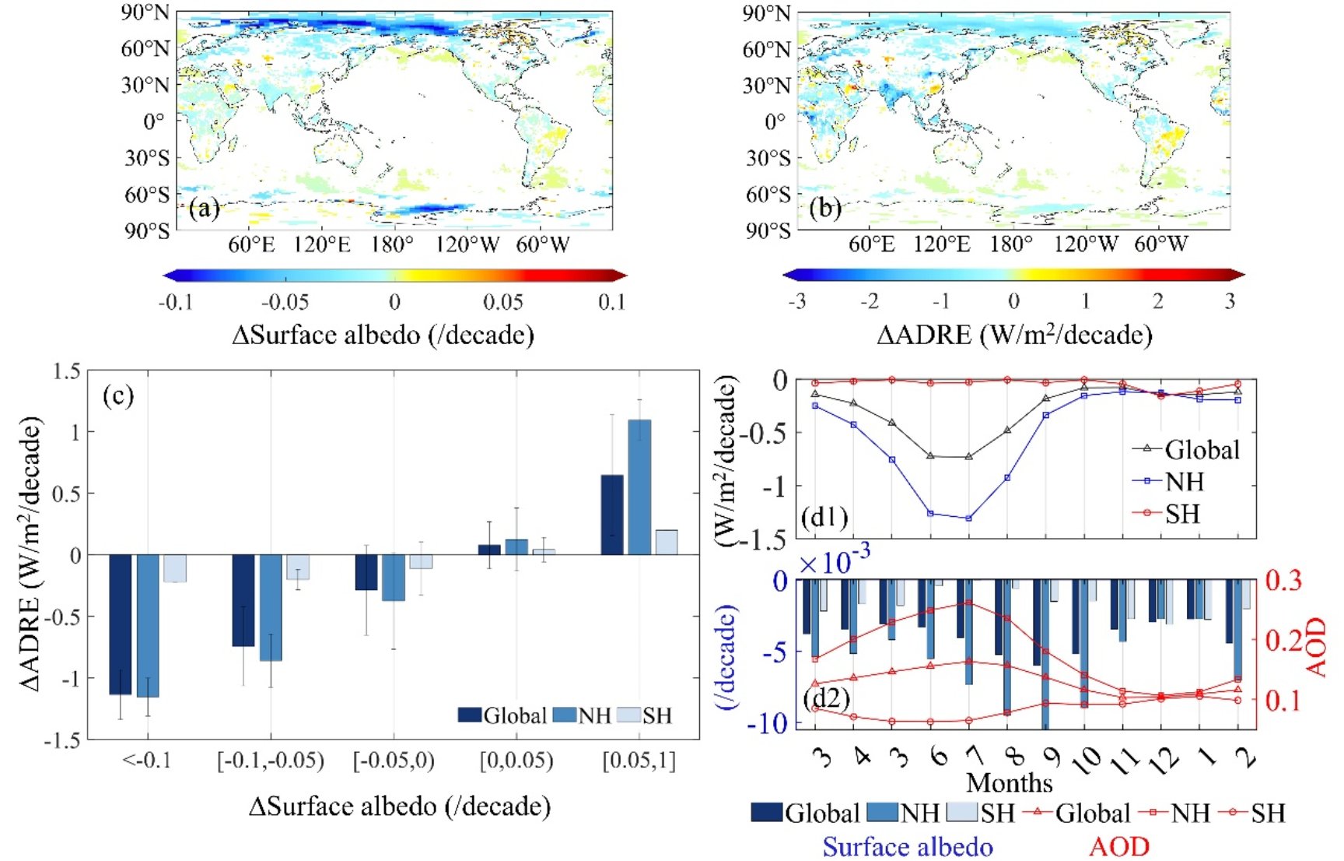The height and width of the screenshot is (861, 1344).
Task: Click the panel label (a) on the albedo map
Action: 204,209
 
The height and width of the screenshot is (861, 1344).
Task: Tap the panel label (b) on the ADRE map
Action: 825,209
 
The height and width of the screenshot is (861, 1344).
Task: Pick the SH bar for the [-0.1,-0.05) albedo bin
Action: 298,567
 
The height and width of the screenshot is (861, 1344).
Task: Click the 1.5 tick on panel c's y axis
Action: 67,371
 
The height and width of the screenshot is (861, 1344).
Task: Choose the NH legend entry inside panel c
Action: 584,715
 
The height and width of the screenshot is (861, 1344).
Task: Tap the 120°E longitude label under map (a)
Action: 322,244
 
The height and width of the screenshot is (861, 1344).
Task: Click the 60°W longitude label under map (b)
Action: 1161,244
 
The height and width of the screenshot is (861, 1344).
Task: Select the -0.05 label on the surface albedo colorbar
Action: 285,302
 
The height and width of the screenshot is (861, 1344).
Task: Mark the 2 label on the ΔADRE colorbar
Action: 1158,301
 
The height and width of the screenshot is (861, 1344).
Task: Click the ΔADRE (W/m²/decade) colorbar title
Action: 1014,335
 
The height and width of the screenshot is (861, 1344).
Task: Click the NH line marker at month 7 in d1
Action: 969,518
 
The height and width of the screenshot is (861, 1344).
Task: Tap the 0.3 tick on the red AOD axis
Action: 1284,580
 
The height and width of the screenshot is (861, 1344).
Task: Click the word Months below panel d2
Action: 1009,782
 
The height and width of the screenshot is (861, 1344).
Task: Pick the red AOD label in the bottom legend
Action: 1119,846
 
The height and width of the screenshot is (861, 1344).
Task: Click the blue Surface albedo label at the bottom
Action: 908,846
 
